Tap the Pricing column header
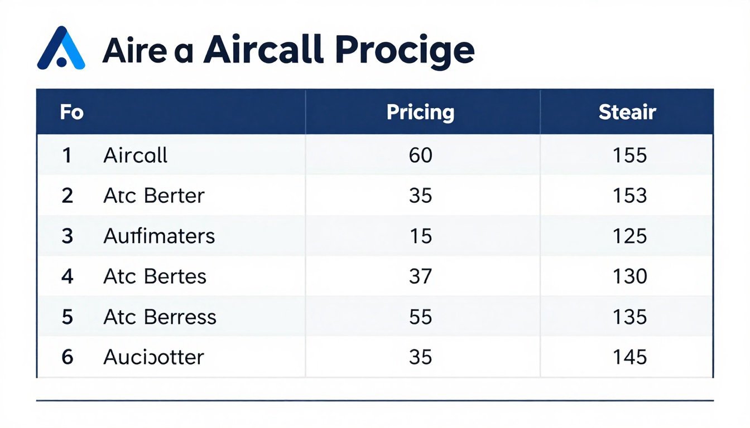click(x=420, y=113)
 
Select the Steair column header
click(x=627, y=113)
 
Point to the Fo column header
click(x=71, y=113)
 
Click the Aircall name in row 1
click(x=135, y=155)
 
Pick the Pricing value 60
click(x=420, y=155)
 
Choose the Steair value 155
click(x=629, y=155)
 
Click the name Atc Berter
click(x=154, y=196)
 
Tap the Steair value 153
click(x=629, y=196)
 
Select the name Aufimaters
click(x=159, y=236)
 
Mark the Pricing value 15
click(x=420, y=236)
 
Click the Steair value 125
click(x=629, y=236)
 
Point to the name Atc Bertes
click(x=155, y=276)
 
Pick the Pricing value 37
click(x=420, y=276)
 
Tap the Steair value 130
click(x=629, y=276)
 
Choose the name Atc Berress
click(x=160, y=317)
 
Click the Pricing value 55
click(x=420, y=317)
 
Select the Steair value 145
click(x=629, y=357)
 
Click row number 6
click(x=67, y=357)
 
